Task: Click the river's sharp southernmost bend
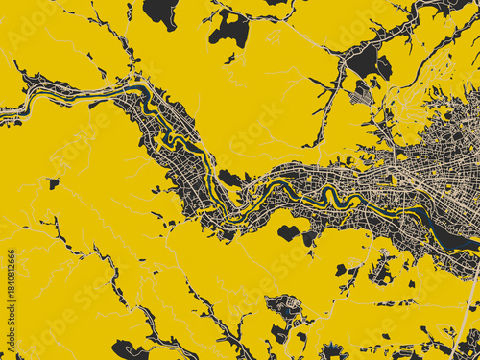[227, 212]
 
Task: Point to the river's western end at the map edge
[4, 112]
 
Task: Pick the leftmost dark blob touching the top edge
[160, 12]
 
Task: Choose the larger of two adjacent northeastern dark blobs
[364, 61]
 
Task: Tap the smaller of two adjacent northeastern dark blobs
[384, 68]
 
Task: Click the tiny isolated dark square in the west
[54, 182]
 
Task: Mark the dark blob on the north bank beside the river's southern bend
[229, 178]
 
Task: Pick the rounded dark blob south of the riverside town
[288, 232]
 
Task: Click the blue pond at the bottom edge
[332, 351]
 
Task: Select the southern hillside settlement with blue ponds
[285, 309]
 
